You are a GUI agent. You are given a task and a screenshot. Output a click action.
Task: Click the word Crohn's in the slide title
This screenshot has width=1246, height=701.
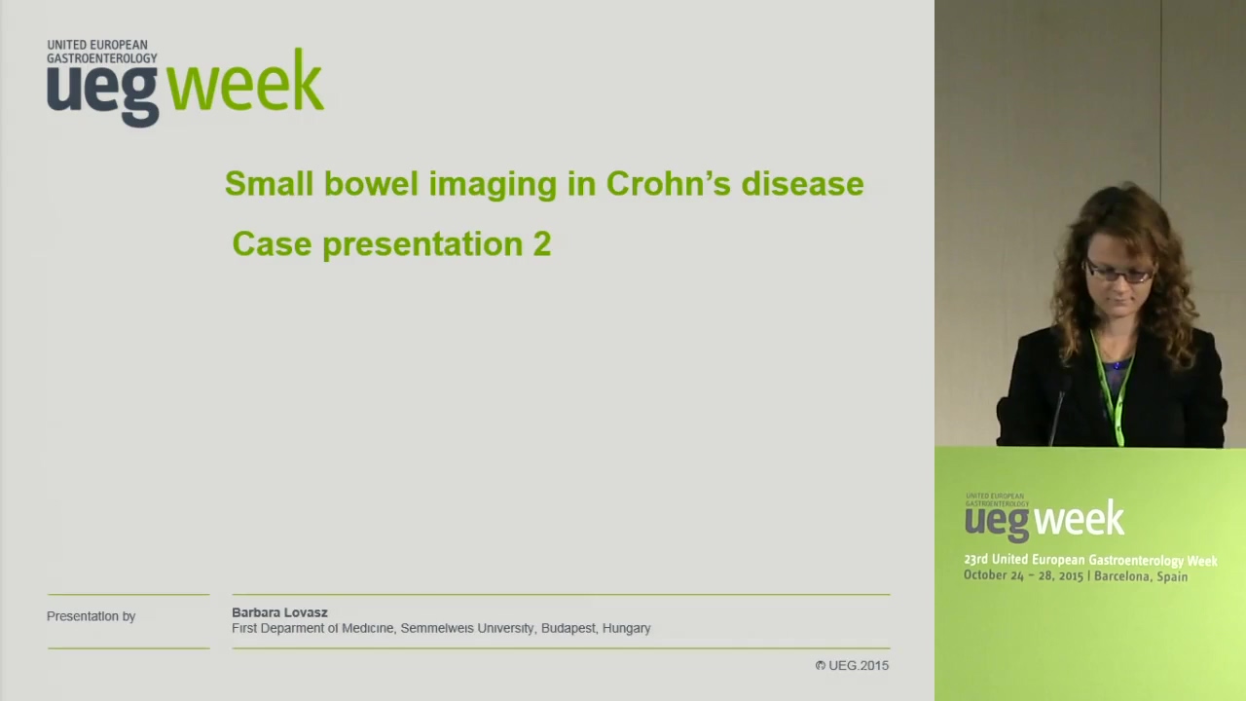[x=668, y=183]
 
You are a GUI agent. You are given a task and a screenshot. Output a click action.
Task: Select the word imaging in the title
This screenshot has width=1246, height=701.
[x=493, y=185]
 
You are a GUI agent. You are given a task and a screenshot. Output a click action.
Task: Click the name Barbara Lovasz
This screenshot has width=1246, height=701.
[x=279, y=612]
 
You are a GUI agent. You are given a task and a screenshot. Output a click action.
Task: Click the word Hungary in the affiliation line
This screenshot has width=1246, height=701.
[x=626, y=629]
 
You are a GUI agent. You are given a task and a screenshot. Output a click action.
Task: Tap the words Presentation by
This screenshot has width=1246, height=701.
[x=92, y=616]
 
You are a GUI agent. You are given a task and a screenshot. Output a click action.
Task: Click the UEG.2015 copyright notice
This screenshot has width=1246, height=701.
[x=852, y=665]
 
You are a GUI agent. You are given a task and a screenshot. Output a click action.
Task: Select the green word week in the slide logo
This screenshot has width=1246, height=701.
[x=244, y=81]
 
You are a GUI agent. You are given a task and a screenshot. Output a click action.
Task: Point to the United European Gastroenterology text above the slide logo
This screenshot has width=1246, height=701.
[x=102, y=52]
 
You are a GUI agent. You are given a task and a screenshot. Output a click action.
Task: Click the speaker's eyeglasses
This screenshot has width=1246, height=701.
[x=1118, y=273]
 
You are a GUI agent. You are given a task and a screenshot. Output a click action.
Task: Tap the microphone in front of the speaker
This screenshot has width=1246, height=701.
[x=1058, y=411]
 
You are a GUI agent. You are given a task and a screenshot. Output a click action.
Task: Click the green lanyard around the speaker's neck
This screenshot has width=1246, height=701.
[x=1111, y=389]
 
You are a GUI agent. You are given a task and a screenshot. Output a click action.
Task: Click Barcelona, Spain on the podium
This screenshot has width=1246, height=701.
[x=1141, y=577]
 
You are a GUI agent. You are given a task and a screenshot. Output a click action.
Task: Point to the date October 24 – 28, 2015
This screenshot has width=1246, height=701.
[x=1023, y=575]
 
